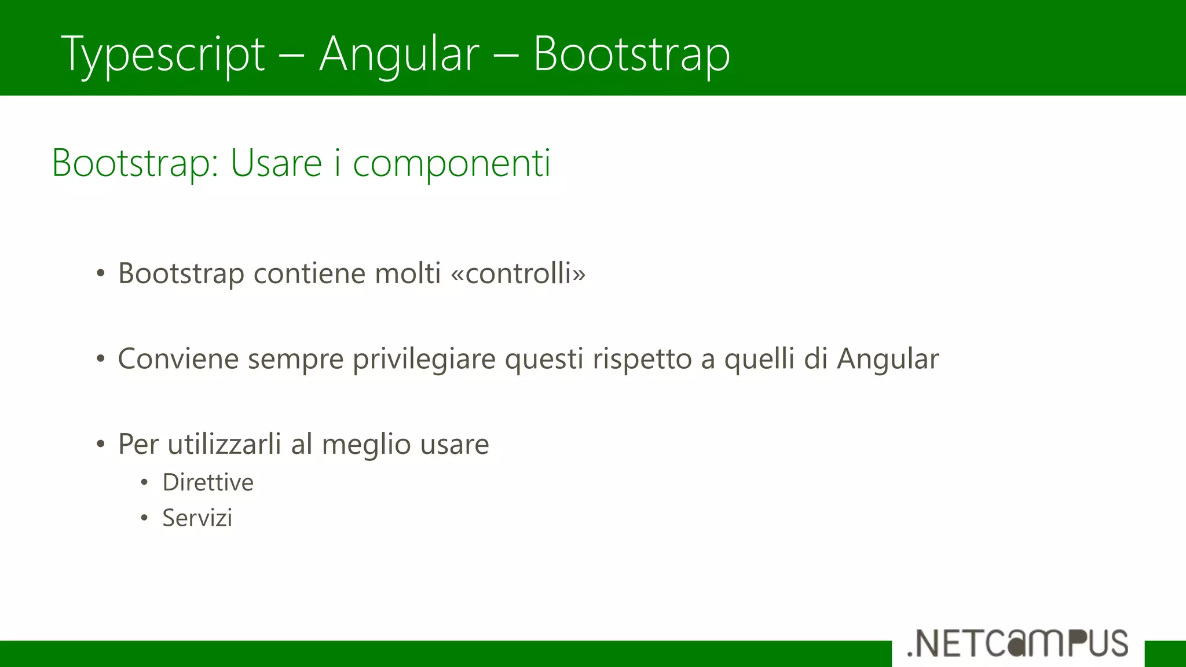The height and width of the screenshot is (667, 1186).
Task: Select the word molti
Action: point(408,273)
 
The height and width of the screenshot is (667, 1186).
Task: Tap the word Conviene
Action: point(178,358)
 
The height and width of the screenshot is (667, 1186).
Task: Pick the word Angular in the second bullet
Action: point(888,360)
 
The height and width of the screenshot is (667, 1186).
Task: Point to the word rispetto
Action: point(642,360)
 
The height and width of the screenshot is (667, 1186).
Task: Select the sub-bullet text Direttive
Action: point(208,482)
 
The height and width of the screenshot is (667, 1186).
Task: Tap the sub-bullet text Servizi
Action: point(197,518)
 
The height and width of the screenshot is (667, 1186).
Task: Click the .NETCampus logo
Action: point(1017,644)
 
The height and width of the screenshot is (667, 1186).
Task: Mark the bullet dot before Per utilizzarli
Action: point(101,445)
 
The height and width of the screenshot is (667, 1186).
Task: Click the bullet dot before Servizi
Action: point(144,518)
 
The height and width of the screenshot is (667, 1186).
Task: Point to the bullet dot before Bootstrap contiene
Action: point(101,273)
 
